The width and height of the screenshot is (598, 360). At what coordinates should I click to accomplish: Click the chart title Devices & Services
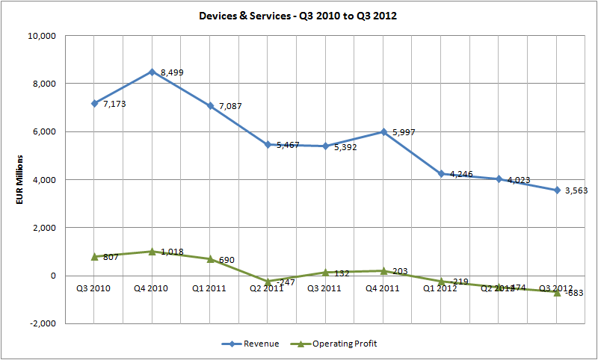(299, 15)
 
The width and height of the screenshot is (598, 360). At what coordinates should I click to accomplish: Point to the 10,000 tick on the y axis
(42, 36)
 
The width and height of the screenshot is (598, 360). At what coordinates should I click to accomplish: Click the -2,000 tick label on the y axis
(42, 323)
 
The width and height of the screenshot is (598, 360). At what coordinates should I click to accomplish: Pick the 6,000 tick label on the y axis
(44, 131)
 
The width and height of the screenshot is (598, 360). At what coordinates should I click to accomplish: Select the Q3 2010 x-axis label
(94, 287)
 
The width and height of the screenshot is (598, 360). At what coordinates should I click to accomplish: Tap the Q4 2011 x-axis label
(383, 287)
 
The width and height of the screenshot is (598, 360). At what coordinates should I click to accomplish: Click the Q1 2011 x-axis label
(210, 287)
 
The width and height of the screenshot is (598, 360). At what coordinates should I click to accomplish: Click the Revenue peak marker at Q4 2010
(152, 72)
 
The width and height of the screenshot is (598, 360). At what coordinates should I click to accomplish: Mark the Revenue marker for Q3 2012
(557, 190)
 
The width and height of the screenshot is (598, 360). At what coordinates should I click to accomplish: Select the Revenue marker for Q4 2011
(383, 131)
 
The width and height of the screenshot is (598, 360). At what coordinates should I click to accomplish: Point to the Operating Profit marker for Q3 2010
(94, 256)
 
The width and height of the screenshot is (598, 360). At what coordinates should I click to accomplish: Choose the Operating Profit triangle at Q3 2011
(326, 273)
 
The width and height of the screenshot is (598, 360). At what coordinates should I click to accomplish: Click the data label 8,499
(172, 72)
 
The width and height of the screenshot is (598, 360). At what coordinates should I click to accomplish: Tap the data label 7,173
(114, 105)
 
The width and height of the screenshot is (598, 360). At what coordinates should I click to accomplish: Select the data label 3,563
(576, 191)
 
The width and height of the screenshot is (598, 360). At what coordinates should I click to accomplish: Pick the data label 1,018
(171, 252)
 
